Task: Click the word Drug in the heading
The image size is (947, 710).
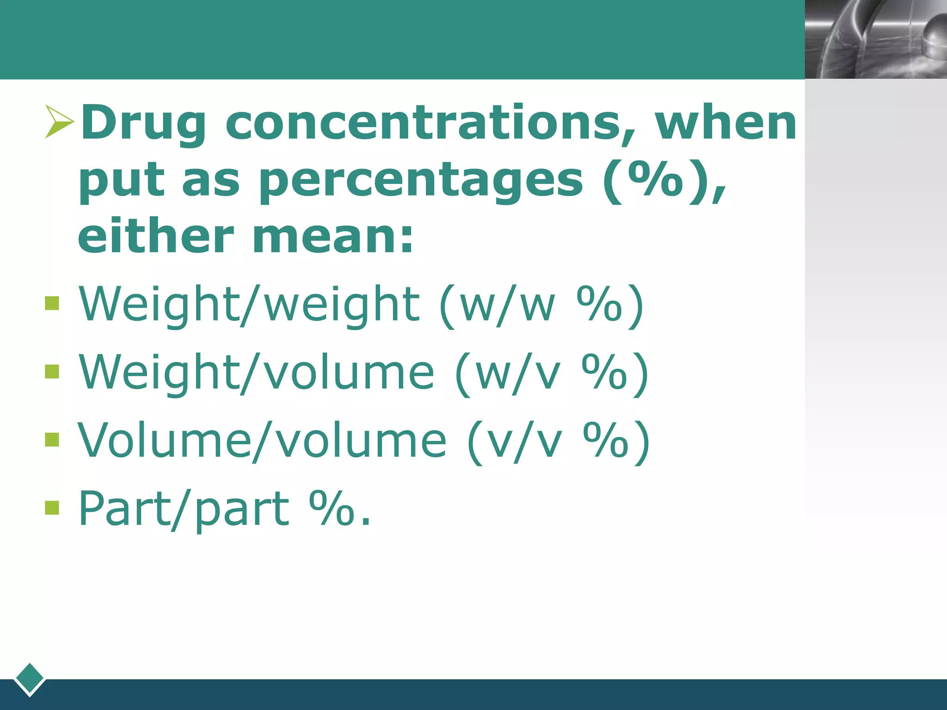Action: pos(143,123)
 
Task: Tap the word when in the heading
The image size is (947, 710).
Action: pos(726,123)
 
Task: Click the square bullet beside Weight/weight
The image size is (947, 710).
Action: pos(52,304)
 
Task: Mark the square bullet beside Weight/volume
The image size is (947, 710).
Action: pos(52,372)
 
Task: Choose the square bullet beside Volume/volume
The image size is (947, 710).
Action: pos(52,440)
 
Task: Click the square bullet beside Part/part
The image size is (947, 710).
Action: pos(52,508)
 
